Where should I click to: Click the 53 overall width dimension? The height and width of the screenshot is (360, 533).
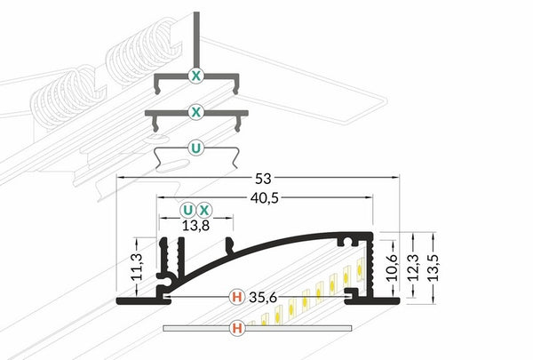tap(263, 179)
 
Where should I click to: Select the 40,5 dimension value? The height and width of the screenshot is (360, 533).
tap(265, 198)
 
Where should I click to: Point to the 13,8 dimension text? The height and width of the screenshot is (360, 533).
tap(195, 225)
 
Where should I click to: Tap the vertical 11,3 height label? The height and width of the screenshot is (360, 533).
tap(137, 267)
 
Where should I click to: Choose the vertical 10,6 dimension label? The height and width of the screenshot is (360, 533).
tap(393, 268)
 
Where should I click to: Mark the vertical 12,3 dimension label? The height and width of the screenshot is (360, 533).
tap(413, 268)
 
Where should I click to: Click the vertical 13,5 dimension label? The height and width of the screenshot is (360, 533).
tap(434, 268)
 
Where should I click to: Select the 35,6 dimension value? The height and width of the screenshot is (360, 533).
tap(263, 298)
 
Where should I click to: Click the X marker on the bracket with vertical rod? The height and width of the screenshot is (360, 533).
tap(196, 76)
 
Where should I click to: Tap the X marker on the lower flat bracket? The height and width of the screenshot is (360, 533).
tap(196, 112)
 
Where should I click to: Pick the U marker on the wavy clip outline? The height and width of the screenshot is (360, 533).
tap(196, 148)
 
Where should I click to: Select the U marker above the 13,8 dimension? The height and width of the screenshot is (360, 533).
tap(187, 211)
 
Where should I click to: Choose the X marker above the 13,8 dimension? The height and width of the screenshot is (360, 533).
tap(204, 211)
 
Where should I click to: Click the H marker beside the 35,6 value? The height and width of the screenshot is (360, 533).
tap(237, 297)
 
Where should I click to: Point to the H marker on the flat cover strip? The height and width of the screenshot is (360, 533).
tap(237, 328)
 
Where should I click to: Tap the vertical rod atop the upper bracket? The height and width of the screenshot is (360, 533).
tap(196, 41)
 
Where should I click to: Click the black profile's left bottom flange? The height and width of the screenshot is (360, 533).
tap(143, 300)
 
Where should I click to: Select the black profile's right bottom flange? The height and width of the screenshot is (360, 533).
tap(373, 300)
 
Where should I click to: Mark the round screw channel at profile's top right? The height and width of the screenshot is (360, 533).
tap(347, 242)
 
